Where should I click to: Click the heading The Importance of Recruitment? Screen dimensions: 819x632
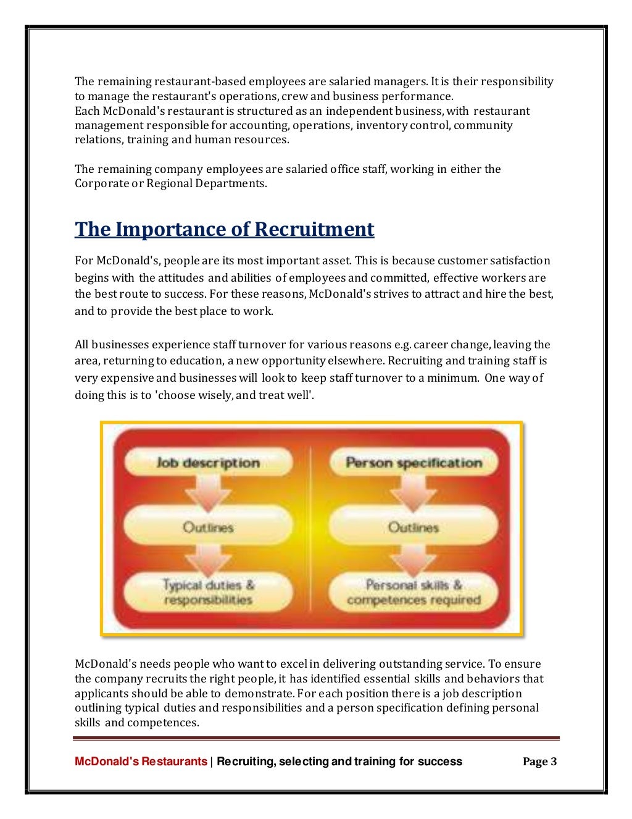(x=224, y=229)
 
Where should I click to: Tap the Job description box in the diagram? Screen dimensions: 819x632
(x=208, y=463)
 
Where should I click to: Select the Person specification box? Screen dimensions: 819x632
(x=414, y=463)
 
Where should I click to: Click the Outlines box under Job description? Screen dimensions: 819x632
(x=208, y=527)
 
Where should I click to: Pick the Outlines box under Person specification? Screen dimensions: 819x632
(x=414, y=527)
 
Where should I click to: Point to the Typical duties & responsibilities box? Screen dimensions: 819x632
(x=208, y=592)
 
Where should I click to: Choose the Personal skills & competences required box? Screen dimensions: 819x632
(x=414, y=592)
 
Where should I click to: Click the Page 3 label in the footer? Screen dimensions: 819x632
(x=539, y=762)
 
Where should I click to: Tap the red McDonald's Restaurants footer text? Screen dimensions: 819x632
(x=141, y=762)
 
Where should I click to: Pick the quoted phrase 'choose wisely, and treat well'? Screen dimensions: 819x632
(x=235, y=395)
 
